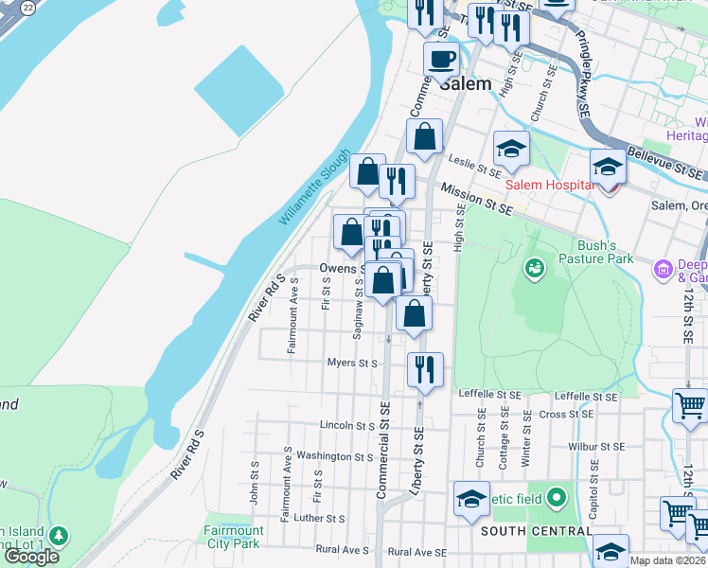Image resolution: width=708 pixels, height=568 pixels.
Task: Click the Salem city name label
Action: click(x=467, y=83)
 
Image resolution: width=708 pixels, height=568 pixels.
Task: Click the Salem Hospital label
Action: click(x=549, y=185)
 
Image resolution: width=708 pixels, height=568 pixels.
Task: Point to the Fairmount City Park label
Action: click(x=233, y=537)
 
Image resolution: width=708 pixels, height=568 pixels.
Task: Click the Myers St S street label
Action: click(x=352, y=363)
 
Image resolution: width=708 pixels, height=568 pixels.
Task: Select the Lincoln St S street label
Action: click(x=346, y=426)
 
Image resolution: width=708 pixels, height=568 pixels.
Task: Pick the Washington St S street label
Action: click(x=334, y=455)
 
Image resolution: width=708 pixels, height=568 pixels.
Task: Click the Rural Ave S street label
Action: click(x=342, y=550)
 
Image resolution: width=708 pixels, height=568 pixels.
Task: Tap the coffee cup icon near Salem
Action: click(x=441, y=60)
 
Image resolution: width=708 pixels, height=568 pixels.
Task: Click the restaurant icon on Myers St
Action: click(x=425, y=368)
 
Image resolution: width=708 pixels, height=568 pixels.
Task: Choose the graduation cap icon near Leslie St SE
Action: click(x=511, y=148)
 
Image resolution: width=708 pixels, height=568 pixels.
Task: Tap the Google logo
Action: click(x=31, y=557)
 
